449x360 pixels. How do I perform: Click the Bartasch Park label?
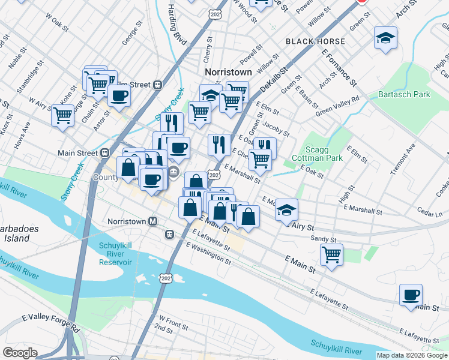pyautogui.click(x=404, y=95)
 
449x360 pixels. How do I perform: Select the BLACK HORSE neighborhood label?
pyautogui.click(x=315, y=41)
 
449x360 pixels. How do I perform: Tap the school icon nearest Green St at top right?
pyautogui.click(x=385, y=38)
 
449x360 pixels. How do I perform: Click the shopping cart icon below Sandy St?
pyautogui.click(x=331, y=254)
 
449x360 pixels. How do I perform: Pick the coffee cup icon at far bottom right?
pyautogui.click(x=411, y=295)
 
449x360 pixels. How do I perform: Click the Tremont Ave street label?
pyautogui.click(x=402, y=160)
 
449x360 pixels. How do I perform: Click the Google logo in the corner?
pyautogui.click(x=20, y=353)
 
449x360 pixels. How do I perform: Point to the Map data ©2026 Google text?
pyautogui.click(x=411, y=355)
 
